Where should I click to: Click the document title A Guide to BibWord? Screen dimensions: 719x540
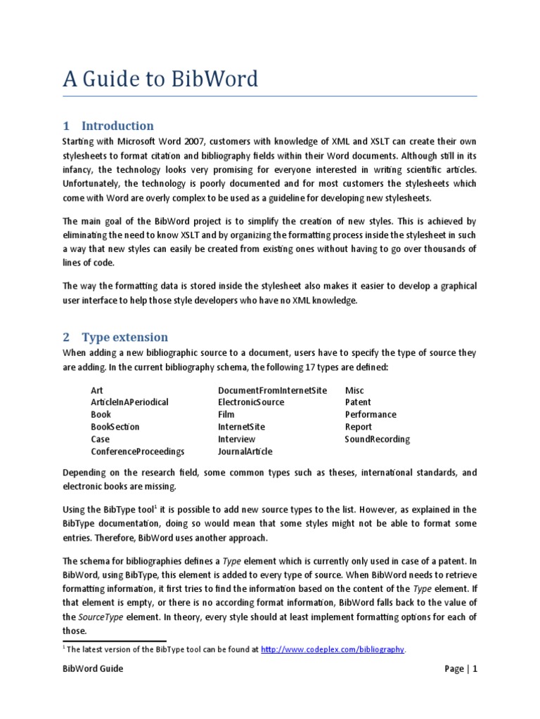pos(160,79)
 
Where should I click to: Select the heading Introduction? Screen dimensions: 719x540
pos(117,126)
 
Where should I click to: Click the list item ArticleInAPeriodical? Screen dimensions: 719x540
pos(129,402)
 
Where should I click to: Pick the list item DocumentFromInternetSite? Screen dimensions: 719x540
pos(273,390)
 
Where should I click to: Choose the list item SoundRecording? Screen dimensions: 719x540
pos(377,439)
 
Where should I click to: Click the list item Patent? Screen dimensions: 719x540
pos(358,402)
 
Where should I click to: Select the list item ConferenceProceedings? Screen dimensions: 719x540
pos(137,451)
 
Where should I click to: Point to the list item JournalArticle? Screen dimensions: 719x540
pos(245,451)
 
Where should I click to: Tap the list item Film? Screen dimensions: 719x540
pos(227,414)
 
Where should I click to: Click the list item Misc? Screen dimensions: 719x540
pos(354,390)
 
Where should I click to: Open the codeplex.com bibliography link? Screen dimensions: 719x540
pos(333,649)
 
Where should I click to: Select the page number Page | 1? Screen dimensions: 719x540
pos(461,668)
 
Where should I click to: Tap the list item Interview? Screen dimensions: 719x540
pos(237,439)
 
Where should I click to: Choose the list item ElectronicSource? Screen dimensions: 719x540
pos(251,402)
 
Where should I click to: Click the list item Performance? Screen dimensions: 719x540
pos(371,414)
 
